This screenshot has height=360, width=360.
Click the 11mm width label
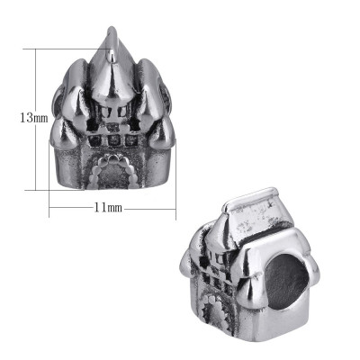pyautogui.click(x=108, y=207)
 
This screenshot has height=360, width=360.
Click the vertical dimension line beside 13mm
pyautogui.click(x=37, y=117)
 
